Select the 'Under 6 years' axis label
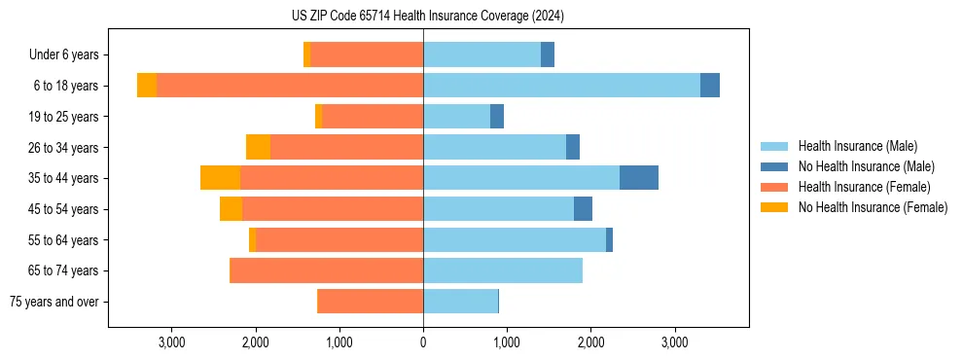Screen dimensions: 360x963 69,55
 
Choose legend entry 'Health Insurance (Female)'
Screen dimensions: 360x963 864,187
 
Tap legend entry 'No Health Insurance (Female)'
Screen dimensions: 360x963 873,207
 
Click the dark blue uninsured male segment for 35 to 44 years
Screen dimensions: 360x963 639,178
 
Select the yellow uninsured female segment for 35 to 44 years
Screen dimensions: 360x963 220,178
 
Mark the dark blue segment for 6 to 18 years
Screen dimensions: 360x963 710,86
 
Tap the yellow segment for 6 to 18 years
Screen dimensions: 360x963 147,86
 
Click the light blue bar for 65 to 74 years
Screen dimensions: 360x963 503,270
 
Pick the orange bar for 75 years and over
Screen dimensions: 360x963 371,302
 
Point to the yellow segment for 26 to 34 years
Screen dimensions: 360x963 258,147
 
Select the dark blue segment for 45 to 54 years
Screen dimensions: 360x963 583,209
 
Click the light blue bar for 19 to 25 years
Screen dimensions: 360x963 456,117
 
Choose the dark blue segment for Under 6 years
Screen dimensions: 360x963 548,55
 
